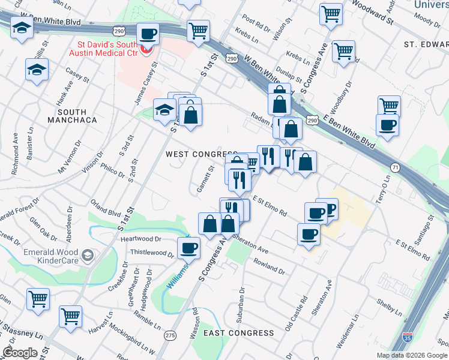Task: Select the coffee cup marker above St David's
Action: click(x=148, y=34)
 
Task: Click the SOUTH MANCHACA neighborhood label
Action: click(x=72, y=116)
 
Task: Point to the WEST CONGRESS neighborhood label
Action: click(x=201, y=154)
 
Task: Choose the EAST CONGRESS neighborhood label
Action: click(x=238, y=333)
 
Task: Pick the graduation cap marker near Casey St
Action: click(x=37, y=69)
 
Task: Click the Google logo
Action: click(x=20, y=353)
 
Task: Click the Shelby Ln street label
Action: click(x=390, y=307)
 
